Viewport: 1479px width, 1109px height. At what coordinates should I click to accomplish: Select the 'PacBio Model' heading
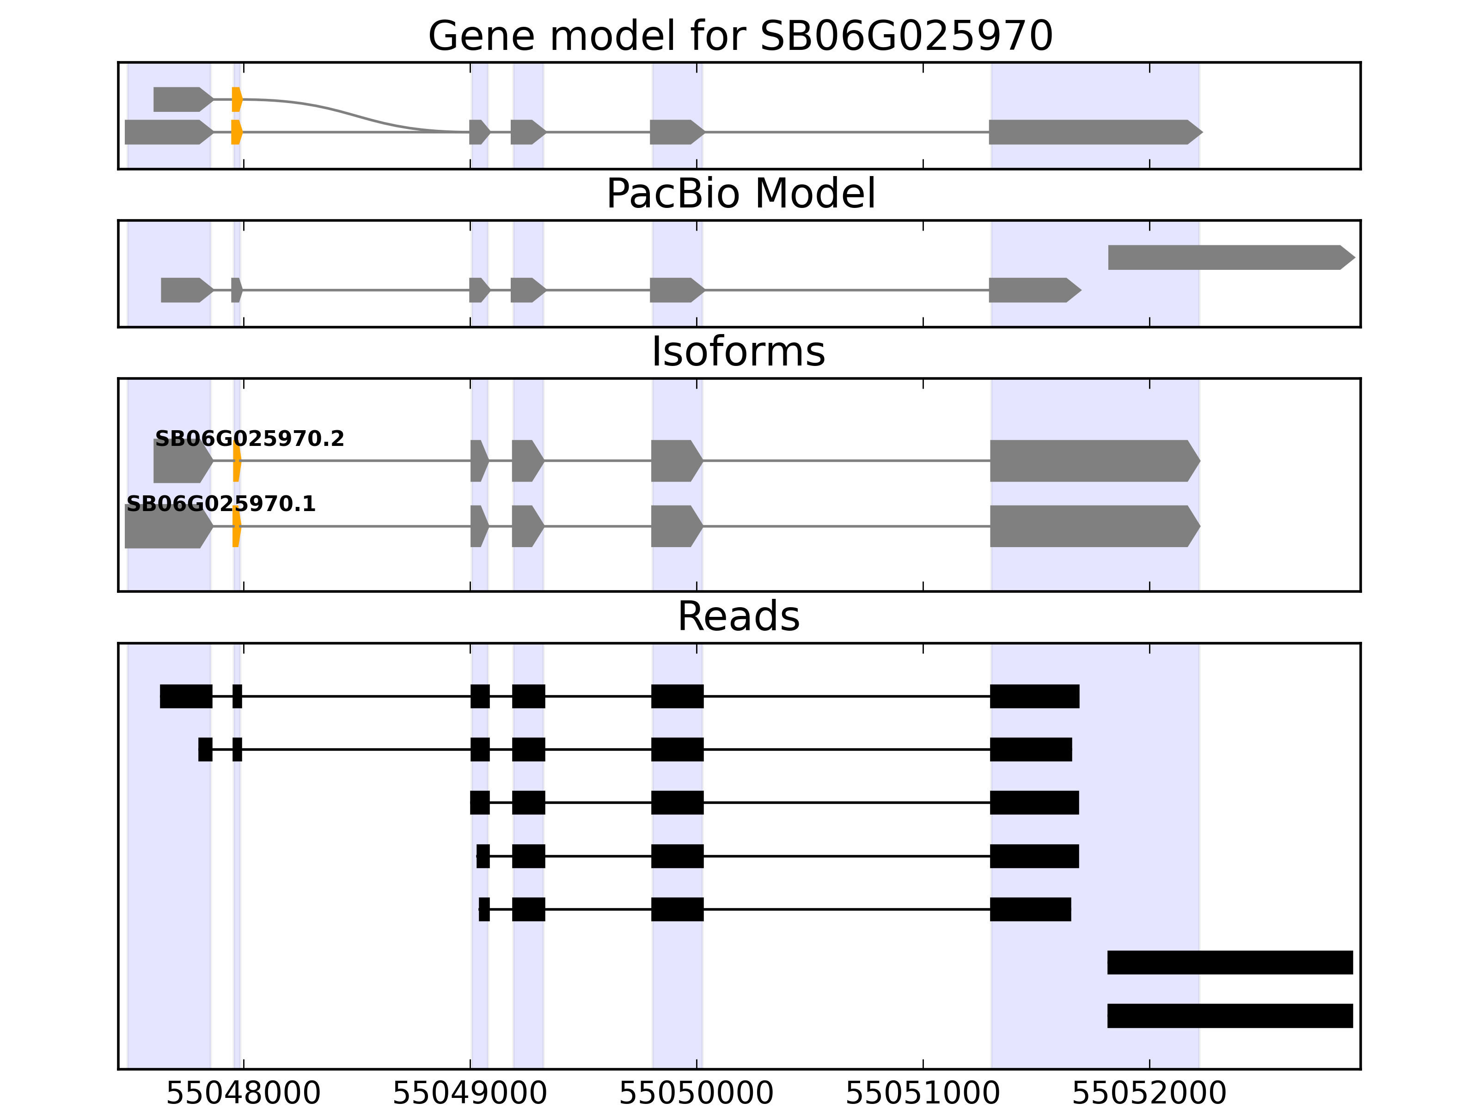(740, 194)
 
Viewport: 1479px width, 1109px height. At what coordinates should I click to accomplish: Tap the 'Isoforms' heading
(738, 352)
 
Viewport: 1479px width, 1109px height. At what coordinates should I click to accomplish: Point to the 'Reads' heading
(738, 616)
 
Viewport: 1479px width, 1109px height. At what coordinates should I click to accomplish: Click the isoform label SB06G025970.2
(250, 439)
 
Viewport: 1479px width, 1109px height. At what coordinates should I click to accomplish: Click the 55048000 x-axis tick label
(244, 1094)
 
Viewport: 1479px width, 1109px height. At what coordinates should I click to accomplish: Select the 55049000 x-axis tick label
(470, 1094)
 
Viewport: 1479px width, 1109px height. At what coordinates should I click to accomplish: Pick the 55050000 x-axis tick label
(696, 1094)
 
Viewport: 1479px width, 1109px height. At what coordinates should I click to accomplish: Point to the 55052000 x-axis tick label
(1149, 1094)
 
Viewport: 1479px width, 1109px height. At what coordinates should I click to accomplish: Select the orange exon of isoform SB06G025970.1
(236, 526)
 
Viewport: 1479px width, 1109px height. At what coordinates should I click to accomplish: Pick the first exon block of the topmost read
(186, 696)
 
